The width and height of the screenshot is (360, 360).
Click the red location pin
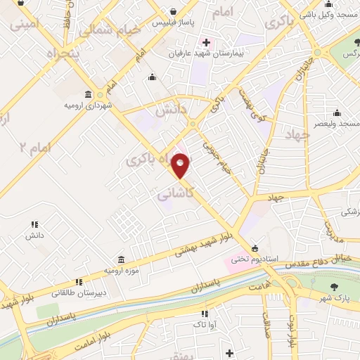pyautogui.click(x=181, y=166)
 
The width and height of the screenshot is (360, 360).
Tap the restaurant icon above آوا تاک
pyautogui.click(x=204, y=314)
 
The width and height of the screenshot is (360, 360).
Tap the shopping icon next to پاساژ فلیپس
pyautogui.click(x=173, y=11)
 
